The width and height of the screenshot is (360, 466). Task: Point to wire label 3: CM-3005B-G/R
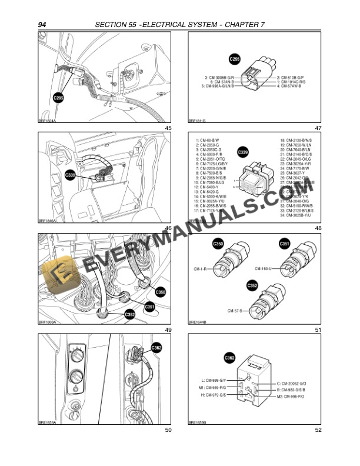point(211,77)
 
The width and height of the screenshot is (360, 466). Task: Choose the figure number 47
point(318,128)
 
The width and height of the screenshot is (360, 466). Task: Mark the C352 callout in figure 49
point(131,315)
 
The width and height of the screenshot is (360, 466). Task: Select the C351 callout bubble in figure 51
point(284,243)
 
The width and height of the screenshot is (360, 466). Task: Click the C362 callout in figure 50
point(156,348)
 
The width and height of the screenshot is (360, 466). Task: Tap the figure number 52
point(318,430)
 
